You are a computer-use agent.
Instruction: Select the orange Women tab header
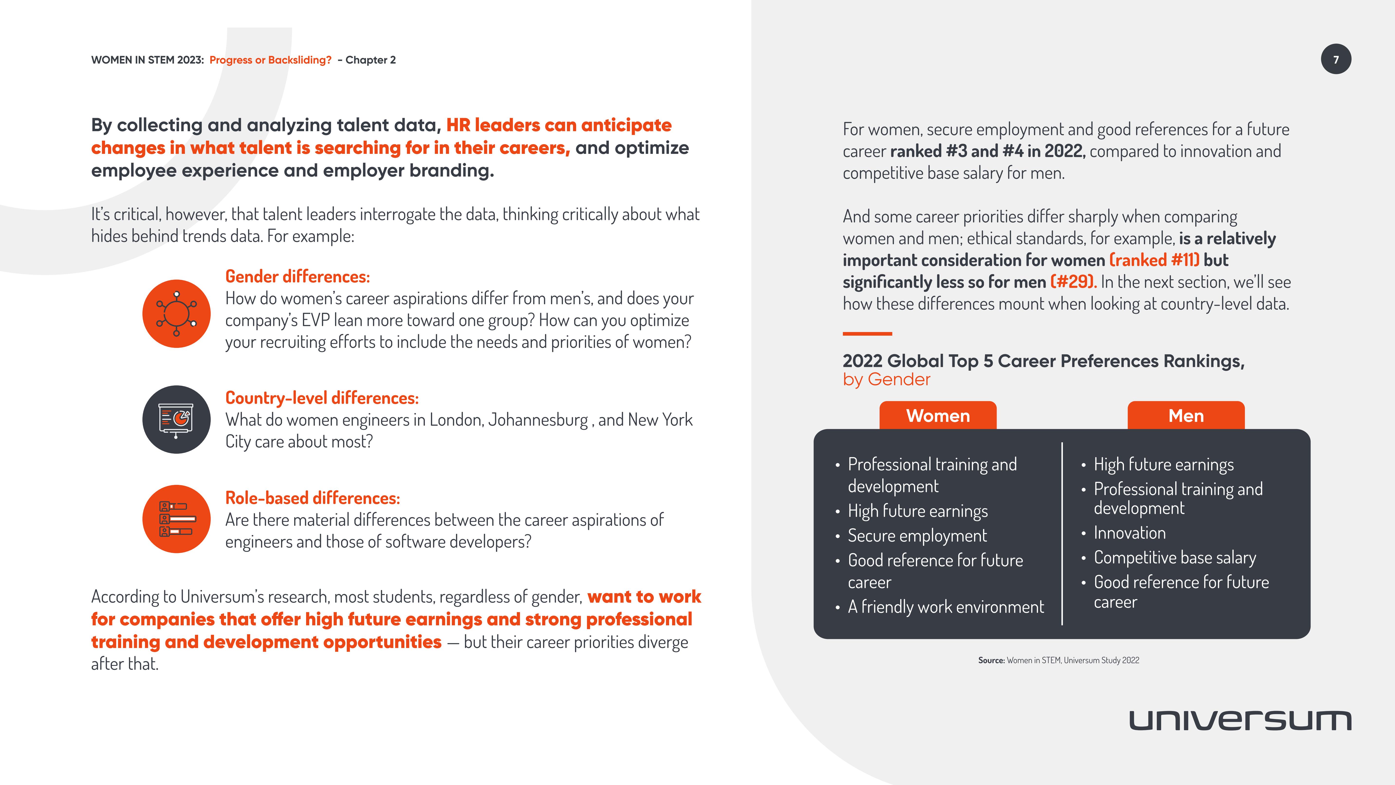pyautogui.click(x=937, y=416)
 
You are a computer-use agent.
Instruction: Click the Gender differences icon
pyautogui.click(x=176, y=314)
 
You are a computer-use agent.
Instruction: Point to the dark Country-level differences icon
pyautogui.click(x=176, y=419)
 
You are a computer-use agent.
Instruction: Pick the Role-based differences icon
pyautogui.click(x=176, y=519)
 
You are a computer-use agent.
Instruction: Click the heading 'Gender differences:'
pyautogui.click(x=297, y=277)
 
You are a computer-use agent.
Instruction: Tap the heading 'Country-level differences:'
pyautogui.click(x=322, y=398)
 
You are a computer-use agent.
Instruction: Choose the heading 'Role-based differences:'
pyautogui.click(x=312, y=498)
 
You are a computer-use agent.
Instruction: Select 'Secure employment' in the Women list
pyautogui.click(x=917, y=536)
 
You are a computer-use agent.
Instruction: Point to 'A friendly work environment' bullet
pyautogui.click(x=946, y=607)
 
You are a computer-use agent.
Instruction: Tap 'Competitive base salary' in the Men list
pyautogui.click(x=1175, y=557)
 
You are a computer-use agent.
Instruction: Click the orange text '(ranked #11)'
pyautogui.click(x=1154, y=260)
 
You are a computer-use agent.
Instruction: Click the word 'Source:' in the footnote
pyautogui.click(x=991, y=660)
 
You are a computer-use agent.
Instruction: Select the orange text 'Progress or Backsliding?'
pyautogui.click(x=270, y=60)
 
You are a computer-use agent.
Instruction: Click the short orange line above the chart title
pyautogui.click(x=867, y=334)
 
